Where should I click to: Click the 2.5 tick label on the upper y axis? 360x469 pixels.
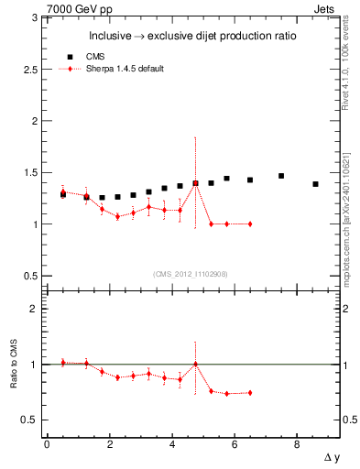click(x=30, y=69)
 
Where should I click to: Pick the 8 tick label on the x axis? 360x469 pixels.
click(x=297, y=445)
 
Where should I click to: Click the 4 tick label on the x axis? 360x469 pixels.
click(x=171, y=445)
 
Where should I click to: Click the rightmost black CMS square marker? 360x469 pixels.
click(x=315, y=184)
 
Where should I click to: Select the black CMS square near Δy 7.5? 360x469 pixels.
click(x=281, y=176)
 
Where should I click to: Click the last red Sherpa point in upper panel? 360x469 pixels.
click(x=249, y=224)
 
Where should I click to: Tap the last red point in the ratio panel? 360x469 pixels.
click(x=249, y=393)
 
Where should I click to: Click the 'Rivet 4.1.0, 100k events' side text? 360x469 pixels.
click(x=348, y=64)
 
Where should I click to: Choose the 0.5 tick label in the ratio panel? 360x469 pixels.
click(x=30, y=420)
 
